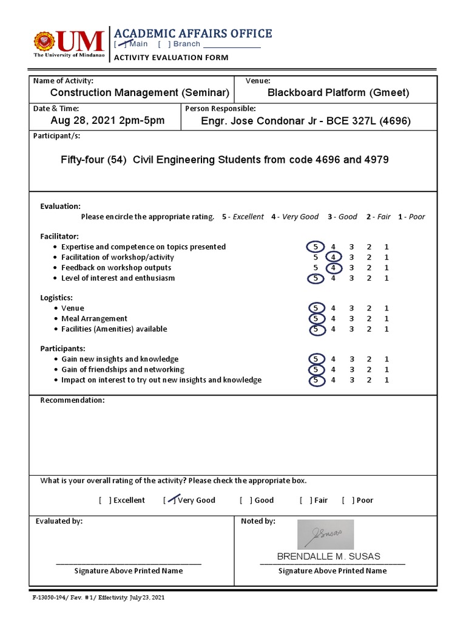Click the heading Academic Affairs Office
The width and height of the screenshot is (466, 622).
(193, 33)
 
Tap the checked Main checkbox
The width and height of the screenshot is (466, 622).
(121, 44)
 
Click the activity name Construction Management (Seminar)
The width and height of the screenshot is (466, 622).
(140, 92)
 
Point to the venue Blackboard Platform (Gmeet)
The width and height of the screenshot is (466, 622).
(338, 92)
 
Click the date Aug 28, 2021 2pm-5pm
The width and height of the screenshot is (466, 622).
(107, 120)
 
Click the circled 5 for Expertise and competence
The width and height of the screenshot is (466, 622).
(316, 247)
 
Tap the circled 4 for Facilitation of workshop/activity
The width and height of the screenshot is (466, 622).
(333, 257)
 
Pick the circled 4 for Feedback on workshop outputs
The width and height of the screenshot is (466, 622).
(333, 267)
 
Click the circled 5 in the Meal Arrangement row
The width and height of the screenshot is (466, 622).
(316, 318)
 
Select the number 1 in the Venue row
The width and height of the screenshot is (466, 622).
(387, 308)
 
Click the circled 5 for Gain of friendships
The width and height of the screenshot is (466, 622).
(316, 369)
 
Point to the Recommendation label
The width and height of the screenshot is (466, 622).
(72, 400)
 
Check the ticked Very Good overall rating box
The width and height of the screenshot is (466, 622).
(170, 500)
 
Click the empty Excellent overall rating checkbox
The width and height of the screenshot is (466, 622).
(105, 500)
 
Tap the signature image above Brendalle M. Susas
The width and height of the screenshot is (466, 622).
(325, 535)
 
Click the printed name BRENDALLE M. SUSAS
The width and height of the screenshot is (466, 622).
(329, 556)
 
